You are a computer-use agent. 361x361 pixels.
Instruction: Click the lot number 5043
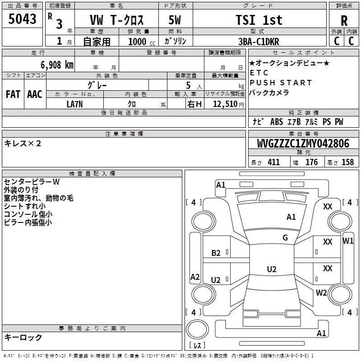click(22, 20)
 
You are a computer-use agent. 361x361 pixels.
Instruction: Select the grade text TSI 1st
click(259, 20)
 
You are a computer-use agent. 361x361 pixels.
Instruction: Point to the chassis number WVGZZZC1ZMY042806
click(303, 143)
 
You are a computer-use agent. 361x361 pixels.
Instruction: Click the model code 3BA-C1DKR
click(259, 42)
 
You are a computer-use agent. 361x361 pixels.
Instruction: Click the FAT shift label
click(13, 94)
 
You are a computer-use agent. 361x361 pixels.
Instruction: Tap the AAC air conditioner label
click(35, 94)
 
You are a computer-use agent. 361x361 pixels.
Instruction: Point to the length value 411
click(273, 162)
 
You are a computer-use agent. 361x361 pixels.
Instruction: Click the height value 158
click(347, 162)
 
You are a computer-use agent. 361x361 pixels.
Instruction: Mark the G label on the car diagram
click(285, 238)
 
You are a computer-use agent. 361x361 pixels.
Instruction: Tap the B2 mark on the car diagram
click(216, 253)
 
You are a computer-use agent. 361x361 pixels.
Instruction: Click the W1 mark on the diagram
click(348, 241)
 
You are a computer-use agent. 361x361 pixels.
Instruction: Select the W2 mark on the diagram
click(321, 292)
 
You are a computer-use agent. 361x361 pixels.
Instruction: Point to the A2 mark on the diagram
click(195, 277)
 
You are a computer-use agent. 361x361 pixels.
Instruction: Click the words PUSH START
click(281, 83)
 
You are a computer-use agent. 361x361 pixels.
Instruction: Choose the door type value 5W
click(175, 20)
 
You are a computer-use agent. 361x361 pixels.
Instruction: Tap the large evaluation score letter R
click(344, 21)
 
